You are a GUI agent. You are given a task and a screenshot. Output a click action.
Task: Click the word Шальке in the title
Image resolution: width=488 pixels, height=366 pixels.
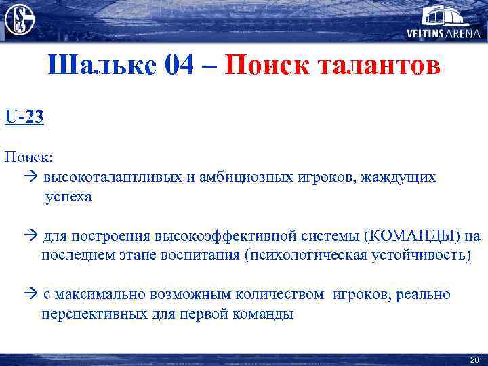pos(101,66)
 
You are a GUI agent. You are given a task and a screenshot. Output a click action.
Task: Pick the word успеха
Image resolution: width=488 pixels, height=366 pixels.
pos(68,197)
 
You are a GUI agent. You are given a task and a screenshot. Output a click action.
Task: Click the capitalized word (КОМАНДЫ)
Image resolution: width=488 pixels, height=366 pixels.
pos(411,236)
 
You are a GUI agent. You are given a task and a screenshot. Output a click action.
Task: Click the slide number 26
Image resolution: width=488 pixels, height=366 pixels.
pos(474,359)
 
